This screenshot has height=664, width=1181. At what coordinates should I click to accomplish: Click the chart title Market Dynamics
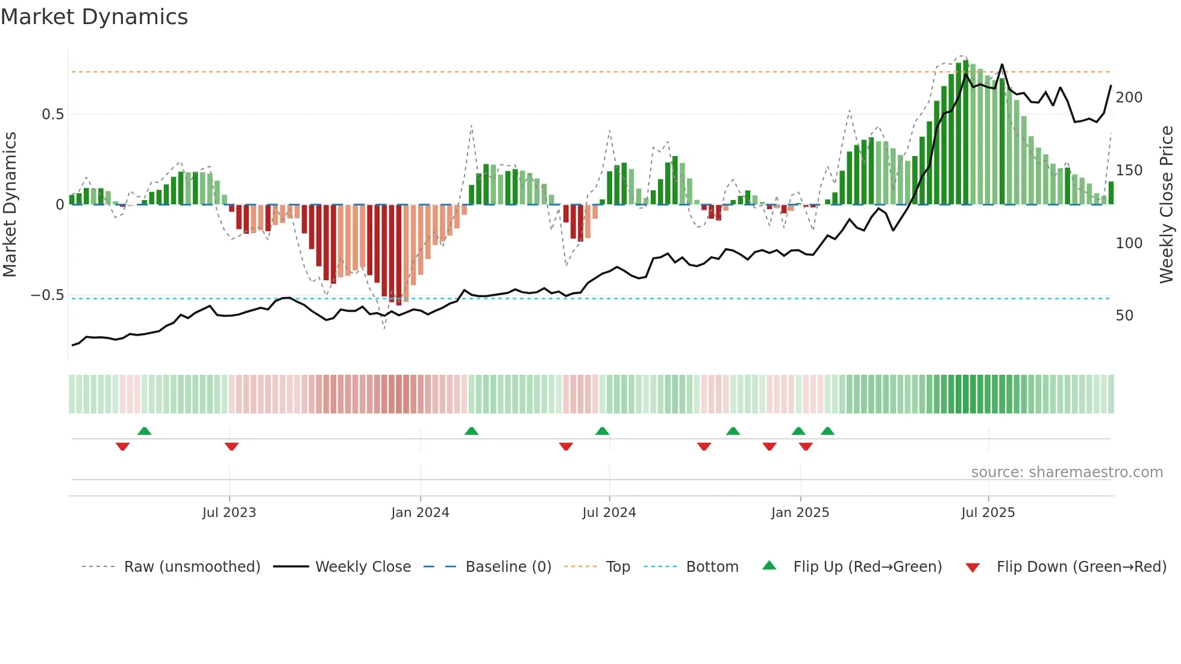pyautogui.click(x=94, y=17)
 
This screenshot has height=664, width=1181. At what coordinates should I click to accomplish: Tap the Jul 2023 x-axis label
pyautogui.click(x=229, y=513)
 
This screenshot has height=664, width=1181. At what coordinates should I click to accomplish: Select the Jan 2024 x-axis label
pyautogui.click(x=420, y=513)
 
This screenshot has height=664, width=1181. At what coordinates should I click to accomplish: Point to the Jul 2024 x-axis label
pyautogui.click(x=609, y=513)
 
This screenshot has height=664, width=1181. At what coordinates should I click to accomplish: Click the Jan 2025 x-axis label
pyautogui.click(x=800, y=513)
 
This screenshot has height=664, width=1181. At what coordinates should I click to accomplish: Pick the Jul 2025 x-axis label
pyautogui.click(x=988, y=513)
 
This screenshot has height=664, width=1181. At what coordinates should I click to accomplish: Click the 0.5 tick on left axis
pyautogui.click(x=52, y=114)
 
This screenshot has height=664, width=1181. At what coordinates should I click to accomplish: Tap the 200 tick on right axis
pyautogui.click(x=1129, y=98)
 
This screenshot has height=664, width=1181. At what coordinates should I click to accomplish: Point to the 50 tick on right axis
pyautogui.click(x=1124, y=316)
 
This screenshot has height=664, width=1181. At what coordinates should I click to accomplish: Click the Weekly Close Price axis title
pyautogui.click(x=1167, y=205)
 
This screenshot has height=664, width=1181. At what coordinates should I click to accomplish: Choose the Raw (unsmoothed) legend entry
pyautogui.click(x=192, y=567)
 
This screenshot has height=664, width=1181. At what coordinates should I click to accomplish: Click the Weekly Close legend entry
pyautogui.click(x=363, y=567)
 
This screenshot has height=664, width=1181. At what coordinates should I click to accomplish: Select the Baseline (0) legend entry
pyautogui.click(x=508, y=567)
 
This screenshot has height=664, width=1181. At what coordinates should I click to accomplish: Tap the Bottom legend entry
pyautogui.click(x=712, y=567)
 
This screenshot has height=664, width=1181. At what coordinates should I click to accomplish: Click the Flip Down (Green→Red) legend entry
pyautogui.click(x=1081, y=567)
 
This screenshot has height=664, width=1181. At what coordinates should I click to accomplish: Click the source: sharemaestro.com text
pyautogui.click(x=1067, y=472)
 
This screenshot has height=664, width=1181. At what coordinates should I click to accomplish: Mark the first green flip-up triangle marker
pyautogui.click(x=144, y=431)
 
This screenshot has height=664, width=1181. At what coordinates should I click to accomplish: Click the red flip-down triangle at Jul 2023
pyautogui.click(x=231, y=446)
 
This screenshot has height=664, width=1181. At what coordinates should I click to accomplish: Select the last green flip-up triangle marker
pyautogui.click(x=827, y=431)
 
